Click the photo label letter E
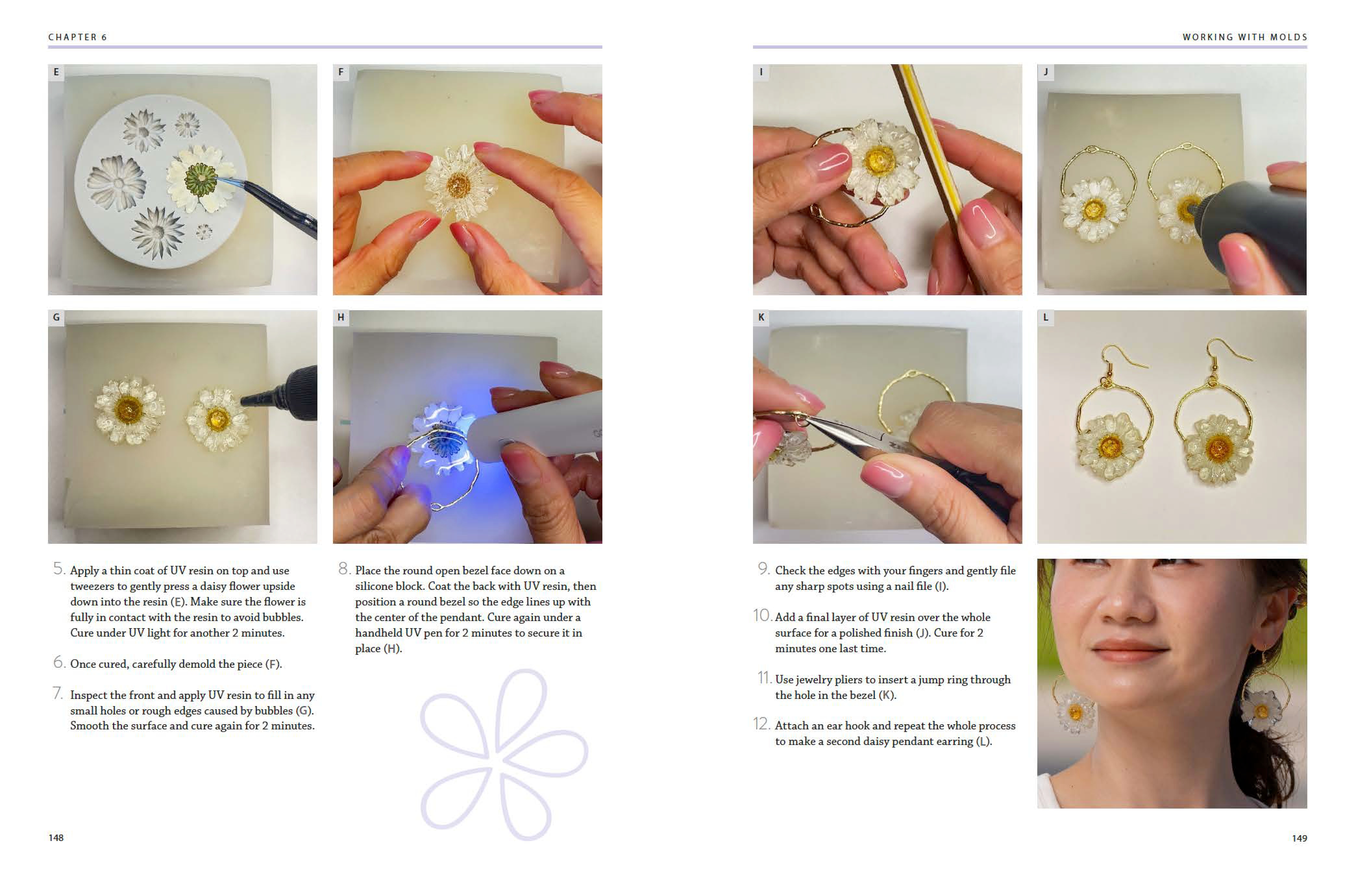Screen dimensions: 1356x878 [x=56, y=72]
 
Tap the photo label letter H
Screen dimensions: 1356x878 [x=341, y=317]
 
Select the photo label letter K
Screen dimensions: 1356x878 [x=761, y=317]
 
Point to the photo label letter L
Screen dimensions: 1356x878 [x=1045, y=317]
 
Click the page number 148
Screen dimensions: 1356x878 [x=56, y=837]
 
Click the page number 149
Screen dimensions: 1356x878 [x=1299, y=838]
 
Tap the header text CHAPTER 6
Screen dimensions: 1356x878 [x=78, y=37]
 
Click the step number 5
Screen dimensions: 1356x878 [x=59, y=568]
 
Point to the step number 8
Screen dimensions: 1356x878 [x=344, y=568]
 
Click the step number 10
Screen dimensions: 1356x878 [x=762, y=615]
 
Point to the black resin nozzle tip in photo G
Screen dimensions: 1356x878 [x=246, y=400]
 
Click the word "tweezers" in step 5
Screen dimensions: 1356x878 [x=97, y=586]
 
